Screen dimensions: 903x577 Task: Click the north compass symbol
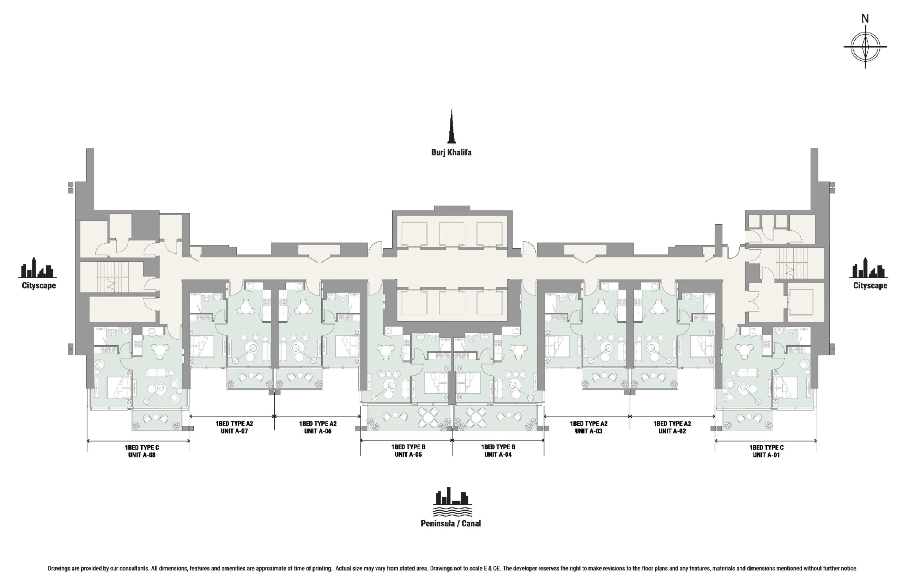point(865,46)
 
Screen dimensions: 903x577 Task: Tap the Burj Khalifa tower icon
point(451,126)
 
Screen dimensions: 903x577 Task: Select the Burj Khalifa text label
point(451,152)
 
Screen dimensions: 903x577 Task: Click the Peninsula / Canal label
point(451,523)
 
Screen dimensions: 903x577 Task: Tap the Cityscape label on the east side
point(870,285)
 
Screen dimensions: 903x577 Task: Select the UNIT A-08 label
point(142,455)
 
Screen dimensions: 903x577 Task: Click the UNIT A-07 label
point(234,431)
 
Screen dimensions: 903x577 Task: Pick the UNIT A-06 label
point(317,431)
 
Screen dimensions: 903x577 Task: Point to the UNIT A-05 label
point(408,454)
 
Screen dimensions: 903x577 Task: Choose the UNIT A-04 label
point(498,454)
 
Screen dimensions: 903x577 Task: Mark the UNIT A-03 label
point(588,431)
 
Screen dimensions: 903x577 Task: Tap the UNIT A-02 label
point(672,431)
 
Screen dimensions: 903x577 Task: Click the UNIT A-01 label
point(766,455)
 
